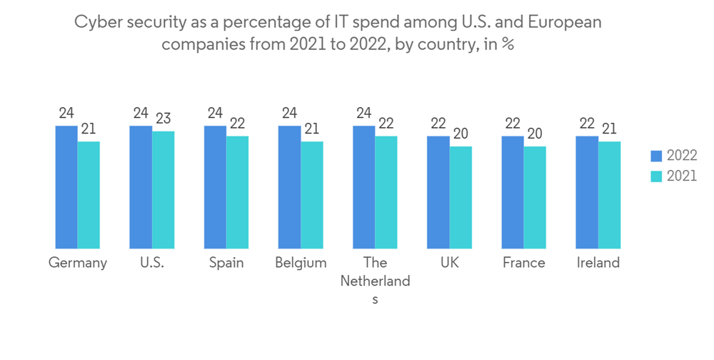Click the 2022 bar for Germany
point(66,187)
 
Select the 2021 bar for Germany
point(89,195)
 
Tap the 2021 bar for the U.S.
point(163,190)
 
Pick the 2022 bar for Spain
point(215,187)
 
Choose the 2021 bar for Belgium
point(311,195)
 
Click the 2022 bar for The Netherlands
point(363,187)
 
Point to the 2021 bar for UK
point(461,198)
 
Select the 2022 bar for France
point(513,192)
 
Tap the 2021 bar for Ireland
point(609,195)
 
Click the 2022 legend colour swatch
point(656,156)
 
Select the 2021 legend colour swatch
point(656,176)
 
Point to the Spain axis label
point(226,263)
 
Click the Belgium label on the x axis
point(301,263)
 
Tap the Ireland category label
point(598,263)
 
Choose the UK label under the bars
point(449,263)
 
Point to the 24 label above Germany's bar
point(66,114)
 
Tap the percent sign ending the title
point(508,44)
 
